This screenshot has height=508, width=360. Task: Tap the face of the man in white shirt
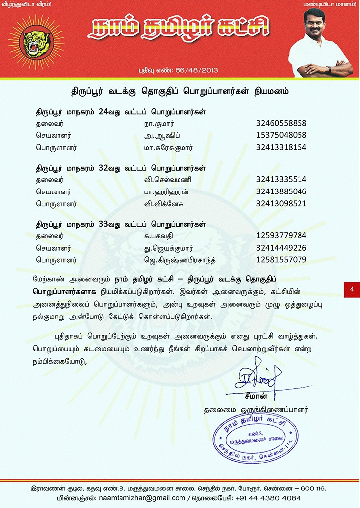tap(314, 27)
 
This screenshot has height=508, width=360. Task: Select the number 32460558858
tap(281, 123)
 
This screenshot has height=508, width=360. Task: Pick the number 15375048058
tap(281, 135)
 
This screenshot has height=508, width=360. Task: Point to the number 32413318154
tap(281, 147)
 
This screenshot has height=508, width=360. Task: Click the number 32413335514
tap(281, 179)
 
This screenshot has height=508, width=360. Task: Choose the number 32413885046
tap(281, 191)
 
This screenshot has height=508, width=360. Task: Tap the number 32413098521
tap(281, 203)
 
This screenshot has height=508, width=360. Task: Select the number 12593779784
tap(281, 235)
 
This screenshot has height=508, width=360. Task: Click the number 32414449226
tap(281, 248)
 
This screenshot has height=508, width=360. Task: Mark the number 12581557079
tap(281, 260)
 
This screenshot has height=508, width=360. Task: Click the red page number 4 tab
tap(352, 289)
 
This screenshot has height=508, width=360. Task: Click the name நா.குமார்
tap(159, 123)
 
